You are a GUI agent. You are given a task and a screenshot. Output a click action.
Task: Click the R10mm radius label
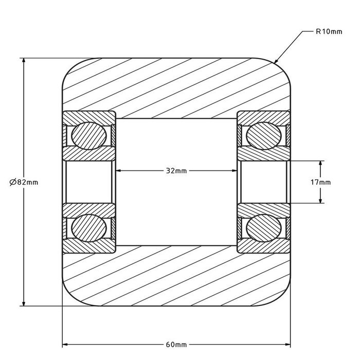pos(329,32)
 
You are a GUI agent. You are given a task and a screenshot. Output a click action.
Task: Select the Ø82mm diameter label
pos(24,182)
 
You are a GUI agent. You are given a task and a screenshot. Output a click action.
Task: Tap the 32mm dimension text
pos(177,171)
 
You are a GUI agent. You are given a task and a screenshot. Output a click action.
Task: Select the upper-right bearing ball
pos(264,135)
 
